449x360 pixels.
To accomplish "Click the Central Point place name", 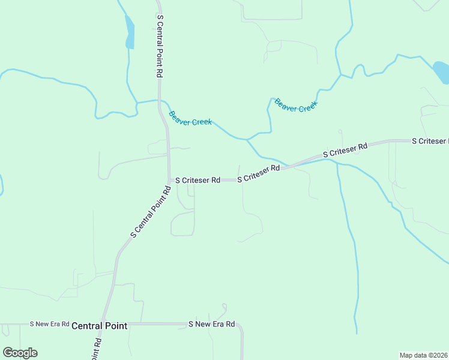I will pyautogui.click(x=99, y=326).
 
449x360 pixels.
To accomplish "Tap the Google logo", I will pyautogui.click(x=20, y=353).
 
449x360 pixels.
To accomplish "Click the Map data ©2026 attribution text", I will pyautogui.click(x=423, y=355).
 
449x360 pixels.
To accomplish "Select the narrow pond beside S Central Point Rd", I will pyautogui.click(x=129, y=32).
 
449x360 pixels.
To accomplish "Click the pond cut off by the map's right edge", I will pyautogui.click(x=442, y=73).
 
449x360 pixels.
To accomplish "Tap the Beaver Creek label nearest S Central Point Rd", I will pyautogui.click(x=190, y=118).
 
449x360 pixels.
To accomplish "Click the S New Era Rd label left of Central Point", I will pyautogui.click(x=50, y=323).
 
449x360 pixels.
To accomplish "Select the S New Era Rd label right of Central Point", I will pyautogui.click(x=211, y=324).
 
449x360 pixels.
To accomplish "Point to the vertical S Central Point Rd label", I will pyautogui.click(x=160, y=46).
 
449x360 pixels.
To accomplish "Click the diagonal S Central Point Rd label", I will pyautogui.click(x=149, y=211).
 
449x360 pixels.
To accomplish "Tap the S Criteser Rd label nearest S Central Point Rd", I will pyautogui.click(x=197, y=179).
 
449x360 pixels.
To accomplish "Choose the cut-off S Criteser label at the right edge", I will pyautogui.click(x=430, y=141).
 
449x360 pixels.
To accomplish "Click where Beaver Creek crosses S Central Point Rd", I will pyautogui.click(x=159, y=101).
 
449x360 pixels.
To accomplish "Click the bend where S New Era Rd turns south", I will pyautogui.click(x=240, y=328).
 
